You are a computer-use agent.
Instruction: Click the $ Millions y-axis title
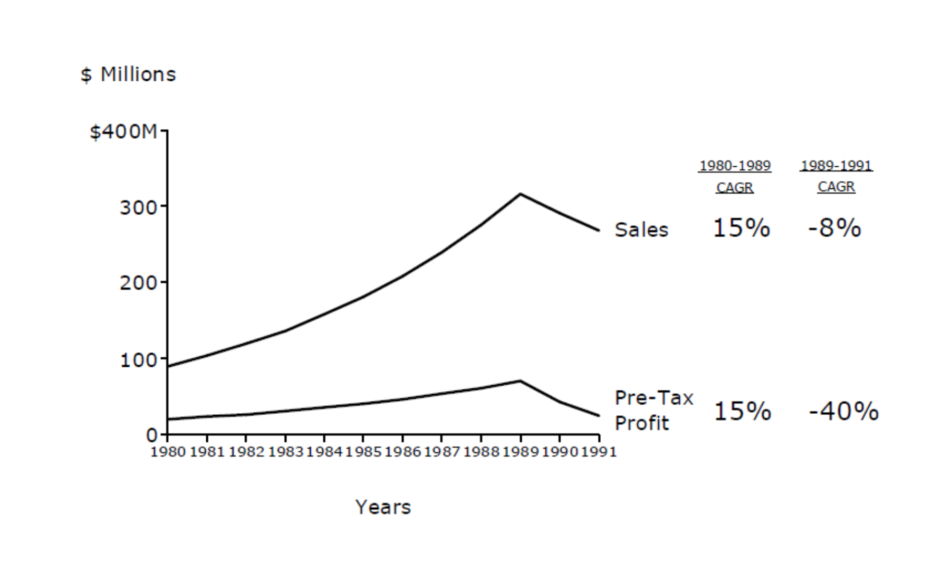coord(128,74)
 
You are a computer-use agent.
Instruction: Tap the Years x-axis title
coord(383,507)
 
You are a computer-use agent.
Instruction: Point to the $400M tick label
coord(123,131)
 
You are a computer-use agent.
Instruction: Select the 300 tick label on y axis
coord(138,207)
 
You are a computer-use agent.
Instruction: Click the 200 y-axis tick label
coord(138,283)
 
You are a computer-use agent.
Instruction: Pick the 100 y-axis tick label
coord(139,360)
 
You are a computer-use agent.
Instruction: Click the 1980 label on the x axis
coord(168,452)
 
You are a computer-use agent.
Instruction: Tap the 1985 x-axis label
coord(363,452)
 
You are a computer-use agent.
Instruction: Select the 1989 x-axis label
coord(521,452)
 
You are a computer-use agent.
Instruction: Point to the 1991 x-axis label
coord(599,452)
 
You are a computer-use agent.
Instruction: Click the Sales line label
coord(641,230)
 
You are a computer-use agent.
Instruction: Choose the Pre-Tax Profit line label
coord(653,410)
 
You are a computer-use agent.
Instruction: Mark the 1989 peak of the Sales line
coord(521,194)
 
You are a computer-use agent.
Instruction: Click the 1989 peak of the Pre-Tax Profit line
coord(521,380)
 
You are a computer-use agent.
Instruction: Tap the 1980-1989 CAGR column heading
coord(735,176)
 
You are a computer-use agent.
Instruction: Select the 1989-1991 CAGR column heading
coord(837,176)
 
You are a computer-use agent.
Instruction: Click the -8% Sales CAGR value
coord(834,228)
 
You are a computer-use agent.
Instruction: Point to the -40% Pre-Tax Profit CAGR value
coord(843,411)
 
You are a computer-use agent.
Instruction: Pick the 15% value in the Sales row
coord(741,228)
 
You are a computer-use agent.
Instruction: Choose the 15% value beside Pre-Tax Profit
coord(742,411)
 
